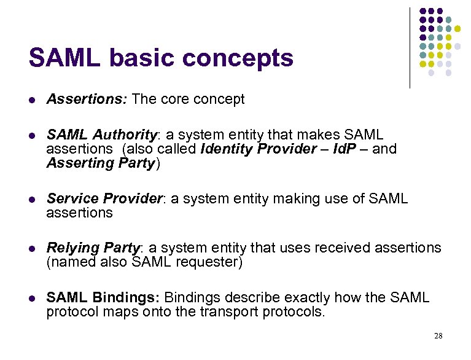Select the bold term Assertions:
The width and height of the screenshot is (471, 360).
(x=87, y=100)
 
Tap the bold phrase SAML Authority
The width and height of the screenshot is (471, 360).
(x=101, y=135)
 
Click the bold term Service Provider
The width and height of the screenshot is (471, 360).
(x=104, y=198)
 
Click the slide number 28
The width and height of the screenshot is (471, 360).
(x=438, y=335)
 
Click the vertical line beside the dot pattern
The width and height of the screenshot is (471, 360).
(x=410, y=47)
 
